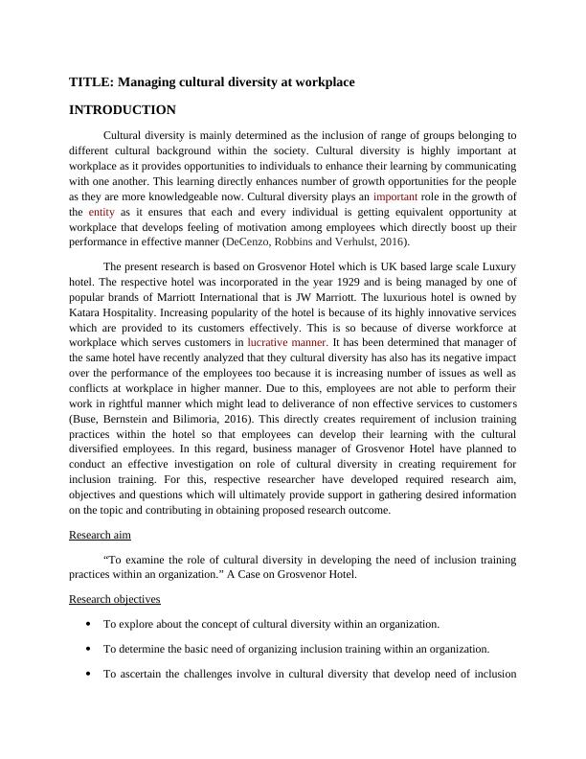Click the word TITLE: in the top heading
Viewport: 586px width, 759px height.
click(91, 82)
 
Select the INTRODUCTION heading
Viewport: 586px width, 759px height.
click(123, 110)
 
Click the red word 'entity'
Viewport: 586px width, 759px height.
click(102, 212)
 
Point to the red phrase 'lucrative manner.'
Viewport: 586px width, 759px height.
click(287, 341)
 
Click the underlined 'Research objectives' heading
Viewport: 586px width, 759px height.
click(115, 599)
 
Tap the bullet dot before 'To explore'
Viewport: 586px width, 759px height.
click(88, 624)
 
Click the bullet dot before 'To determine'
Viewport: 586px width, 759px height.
click(88, 649)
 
